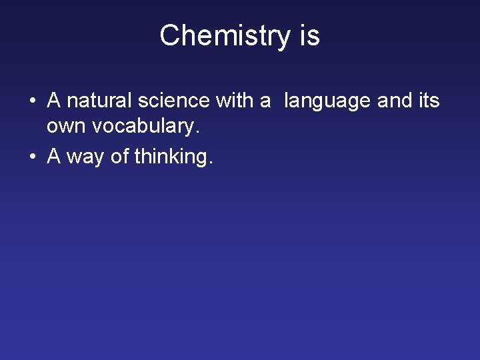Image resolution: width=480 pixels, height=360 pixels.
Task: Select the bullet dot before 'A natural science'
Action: pos(32,101)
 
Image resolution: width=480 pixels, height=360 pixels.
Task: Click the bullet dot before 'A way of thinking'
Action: pos(32,157)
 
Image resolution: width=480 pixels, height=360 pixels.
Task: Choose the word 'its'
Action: pos(430,101)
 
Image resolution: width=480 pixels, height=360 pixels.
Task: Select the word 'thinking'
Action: pos(171,157)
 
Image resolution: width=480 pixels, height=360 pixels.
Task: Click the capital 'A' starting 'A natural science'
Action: pos(54,101)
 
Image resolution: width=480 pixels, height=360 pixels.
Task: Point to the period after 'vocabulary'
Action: pos(197,132)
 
